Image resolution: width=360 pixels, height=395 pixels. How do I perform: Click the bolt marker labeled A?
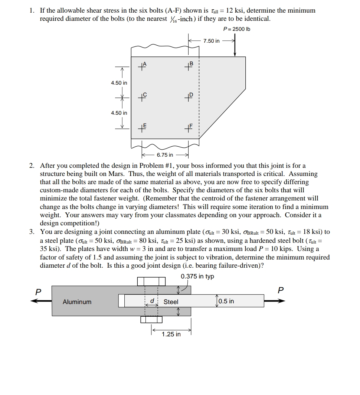pos(143,67)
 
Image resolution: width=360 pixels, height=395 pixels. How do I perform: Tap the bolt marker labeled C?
pos(143,98)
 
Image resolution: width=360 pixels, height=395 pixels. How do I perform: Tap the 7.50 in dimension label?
pos(212,41)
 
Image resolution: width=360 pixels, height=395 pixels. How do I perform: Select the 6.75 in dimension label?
pos(165,155)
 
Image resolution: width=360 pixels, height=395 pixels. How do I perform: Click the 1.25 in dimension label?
pos(171,334)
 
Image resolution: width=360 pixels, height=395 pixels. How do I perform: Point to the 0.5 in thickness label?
pos(226,301)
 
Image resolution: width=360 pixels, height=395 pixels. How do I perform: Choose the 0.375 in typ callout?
pos(197,277)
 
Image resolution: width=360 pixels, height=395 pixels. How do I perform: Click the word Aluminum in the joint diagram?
pos(77,302)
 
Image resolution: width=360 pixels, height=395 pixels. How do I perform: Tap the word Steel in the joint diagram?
pos(171,302)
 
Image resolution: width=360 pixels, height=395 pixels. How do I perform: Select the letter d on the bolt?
pos(151,301)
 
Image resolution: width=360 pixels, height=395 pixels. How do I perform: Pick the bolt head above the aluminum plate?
pos(151,281)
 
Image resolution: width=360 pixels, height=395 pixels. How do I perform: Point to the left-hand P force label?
pos(37,292)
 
